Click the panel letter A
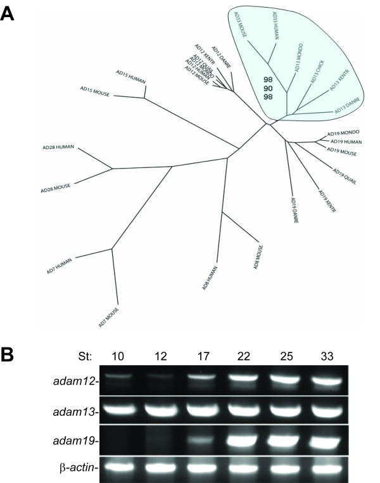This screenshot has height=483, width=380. pyautogui.click(x=8, y=14)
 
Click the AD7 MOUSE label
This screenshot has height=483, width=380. pyautogui.click(x=109, y=317)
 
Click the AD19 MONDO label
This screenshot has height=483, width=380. pyautogui.click(x=343, y=134)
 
